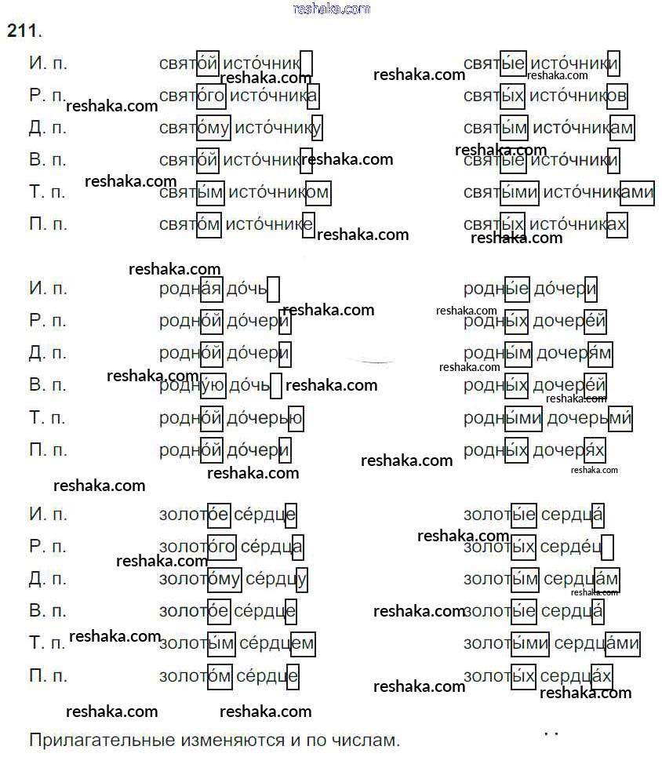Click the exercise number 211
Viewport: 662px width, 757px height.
(x=23, y=31)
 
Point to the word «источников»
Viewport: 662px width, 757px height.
(x=578, y=96)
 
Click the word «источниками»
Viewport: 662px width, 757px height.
(x=598, y=192)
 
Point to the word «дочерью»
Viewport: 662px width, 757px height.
(x=264, y=418)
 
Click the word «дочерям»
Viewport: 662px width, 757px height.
(x=574, y=354)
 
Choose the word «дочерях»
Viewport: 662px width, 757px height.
(x=569, y=450)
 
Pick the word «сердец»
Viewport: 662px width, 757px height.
(x=577, y=547)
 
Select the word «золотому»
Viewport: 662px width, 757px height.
(x=200, y=580)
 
